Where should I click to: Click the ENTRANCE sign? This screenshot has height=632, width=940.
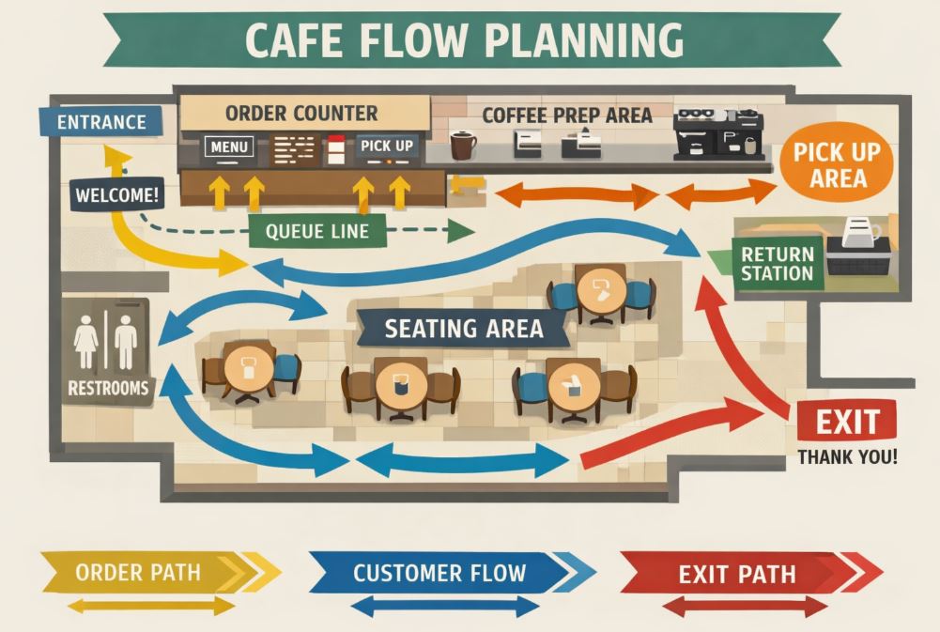[x=100, y=122]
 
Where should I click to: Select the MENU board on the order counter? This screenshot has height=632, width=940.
[x=229, y=147]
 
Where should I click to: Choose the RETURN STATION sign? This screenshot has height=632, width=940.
[x=777, y=263]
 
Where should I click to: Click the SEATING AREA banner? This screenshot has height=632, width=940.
[x=464, y=328]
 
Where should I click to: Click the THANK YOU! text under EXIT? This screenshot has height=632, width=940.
[x=847, y=458]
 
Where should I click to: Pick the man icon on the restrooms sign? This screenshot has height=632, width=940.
[x=126, y=342]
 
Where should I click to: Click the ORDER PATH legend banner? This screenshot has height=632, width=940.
[x=141, y=573]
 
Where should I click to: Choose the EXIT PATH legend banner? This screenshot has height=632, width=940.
[x=737, y=573]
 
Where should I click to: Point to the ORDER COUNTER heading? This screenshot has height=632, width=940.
[x=301, y=114]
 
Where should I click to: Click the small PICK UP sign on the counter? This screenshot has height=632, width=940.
[x=386, y=147]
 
